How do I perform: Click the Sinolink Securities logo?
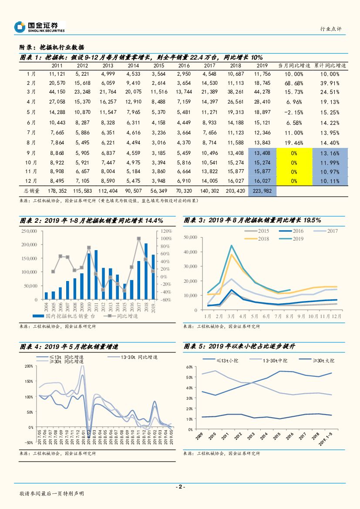click(39, 27)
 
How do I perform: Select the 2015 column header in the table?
click(159, 65)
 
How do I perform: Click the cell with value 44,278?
click(262, 92)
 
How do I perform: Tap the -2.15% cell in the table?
click(294, 112)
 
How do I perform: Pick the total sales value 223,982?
click(262, 191)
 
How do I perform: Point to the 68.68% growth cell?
click(294, 82)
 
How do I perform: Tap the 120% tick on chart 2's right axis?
click(167, 231)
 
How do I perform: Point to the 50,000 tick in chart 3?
click(191, 237)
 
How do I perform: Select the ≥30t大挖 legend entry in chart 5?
click(323, 360)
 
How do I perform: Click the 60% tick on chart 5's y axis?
click(189, 367)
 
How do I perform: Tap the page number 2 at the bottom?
click(180, 487)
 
